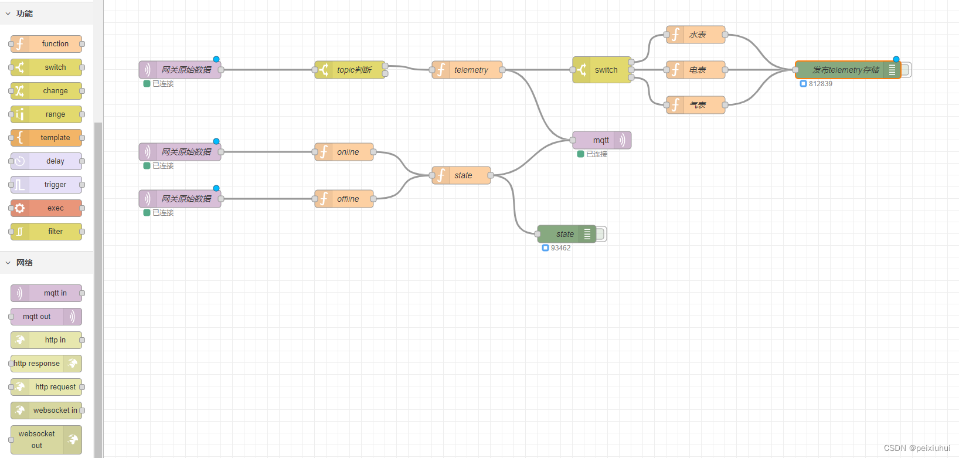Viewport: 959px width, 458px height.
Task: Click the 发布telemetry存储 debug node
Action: [x=844, y=70]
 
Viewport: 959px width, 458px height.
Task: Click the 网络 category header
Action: [x=25, y=263]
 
